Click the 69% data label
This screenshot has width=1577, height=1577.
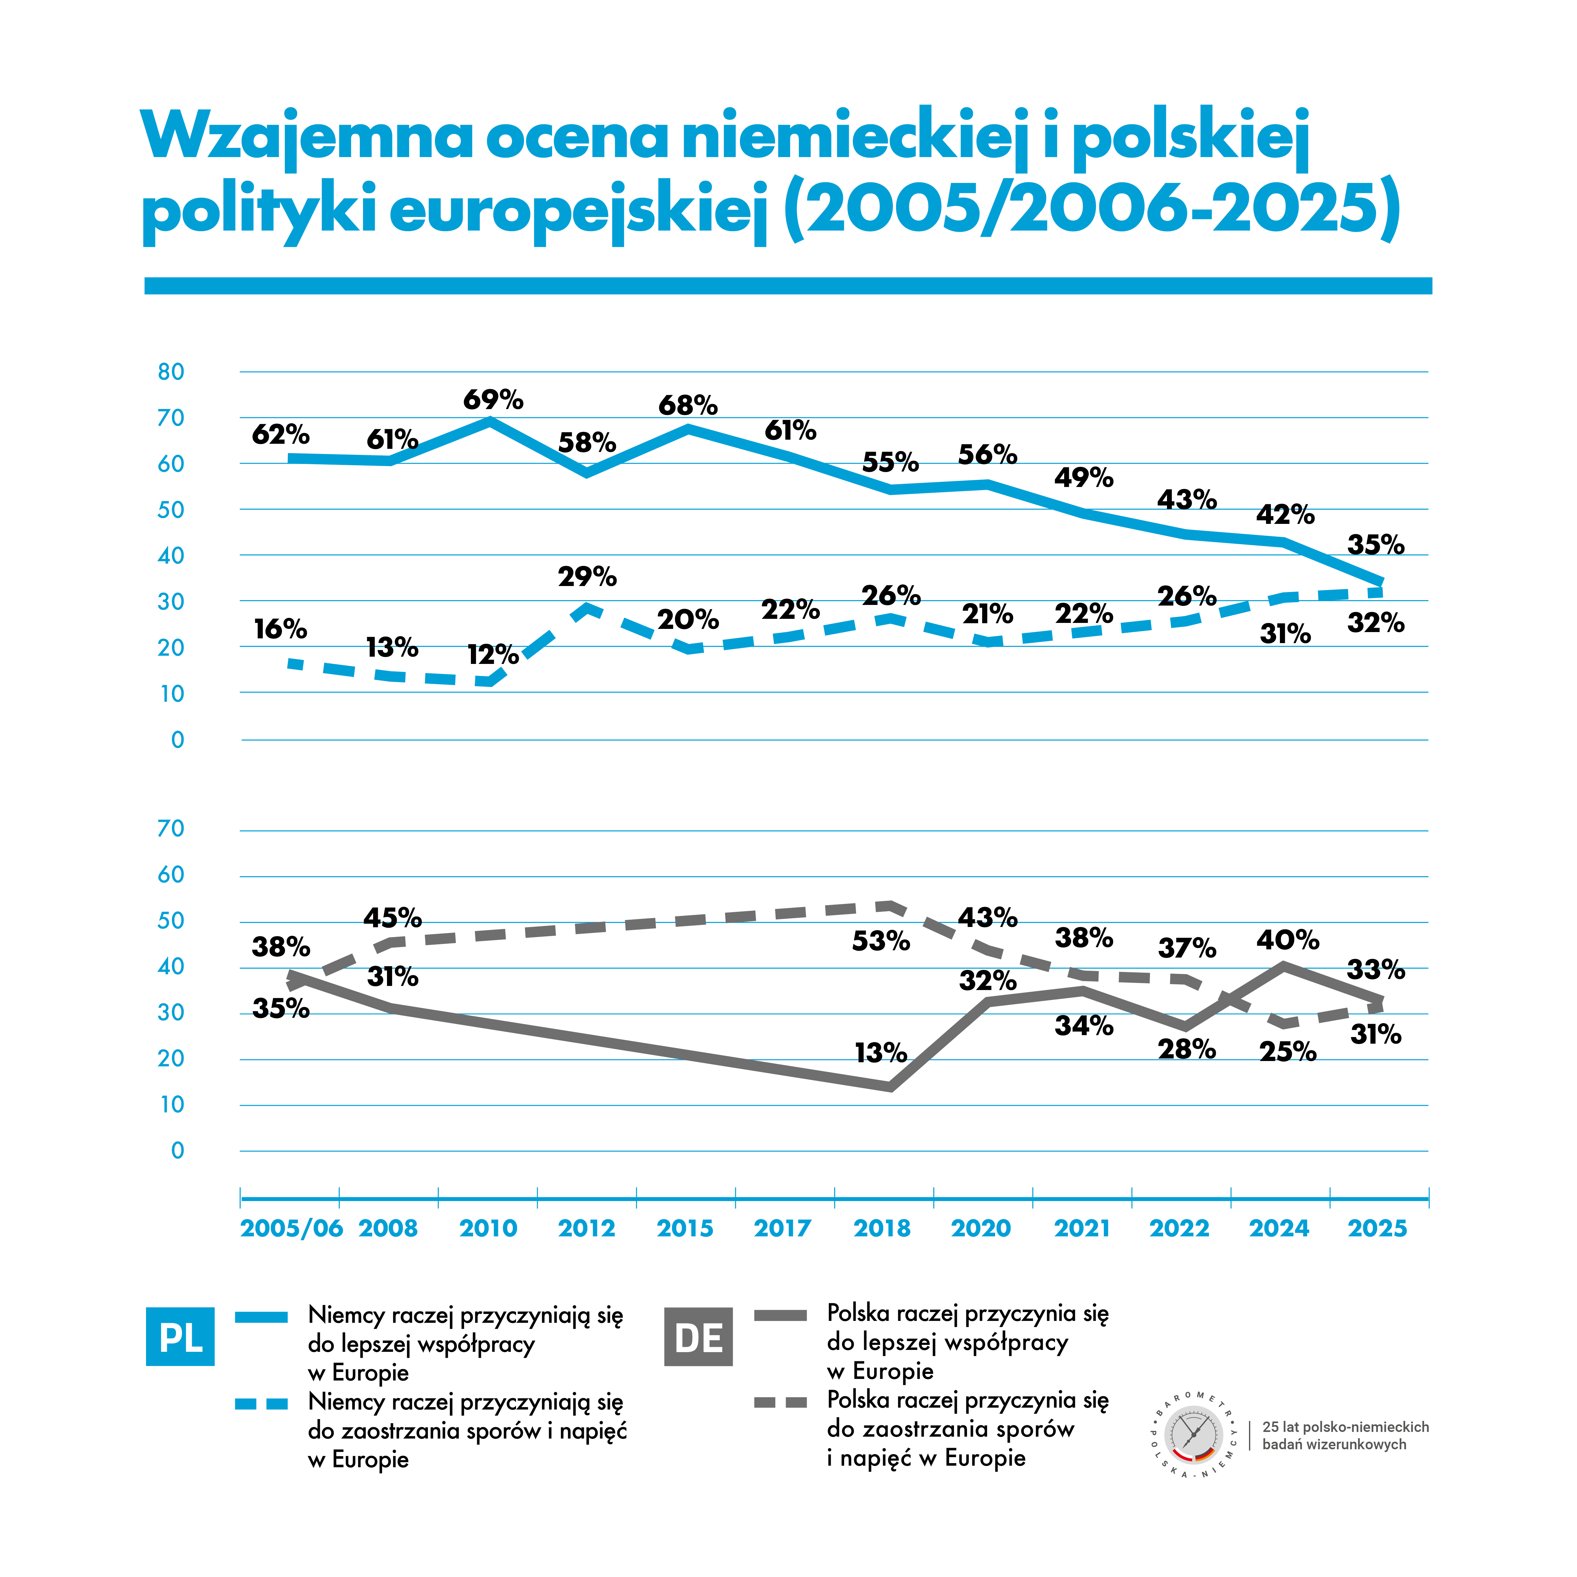(x=493, y=400)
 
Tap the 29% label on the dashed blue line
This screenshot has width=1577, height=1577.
(x=587, y=577)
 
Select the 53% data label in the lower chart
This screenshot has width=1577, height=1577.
(x=881, y=941)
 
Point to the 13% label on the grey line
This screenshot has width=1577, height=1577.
(x=881, y=1053)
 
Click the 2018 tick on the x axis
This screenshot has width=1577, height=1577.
(x=882, y=1228)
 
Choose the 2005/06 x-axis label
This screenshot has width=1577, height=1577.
(x=291, y=1228)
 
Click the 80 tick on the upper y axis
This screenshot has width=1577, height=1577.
(x=171, y=372)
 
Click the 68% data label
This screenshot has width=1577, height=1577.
(x=688, y=406)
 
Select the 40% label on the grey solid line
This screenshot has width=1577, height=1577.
(x=1287, y=940)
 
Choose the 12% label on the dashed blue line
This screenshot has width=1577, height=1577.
(x=493, y=655)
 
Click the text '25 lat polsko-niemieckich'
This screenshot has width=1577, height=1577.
(x=1345, y=1427)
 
